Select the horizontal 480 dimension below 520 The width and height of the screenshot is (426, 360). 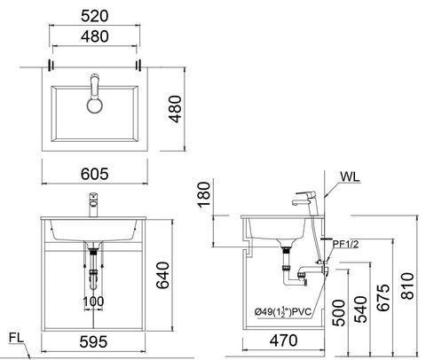coord(95,38)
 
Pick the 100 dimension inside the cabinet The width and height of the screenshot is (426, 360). coord(93,301)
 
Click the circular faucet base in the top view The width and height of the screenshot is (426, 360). coord(95,106)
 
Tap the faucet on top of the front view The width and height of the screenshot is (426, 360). coord(91,205)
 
